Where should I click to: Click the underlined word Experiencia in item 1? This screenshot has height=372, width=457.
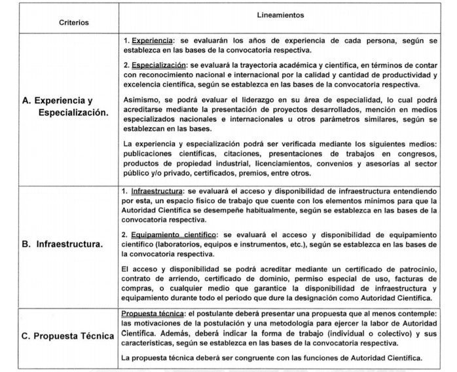coord(151,41)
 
